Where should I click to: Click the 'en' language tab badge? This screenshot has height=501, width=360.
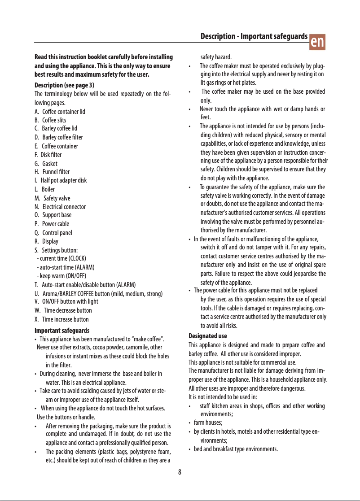[318, 41]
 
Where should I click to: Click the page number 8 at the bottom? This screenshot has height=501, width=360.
[180, 471]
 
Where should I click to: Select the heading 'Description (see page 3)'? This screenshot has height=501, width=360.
[64, 85]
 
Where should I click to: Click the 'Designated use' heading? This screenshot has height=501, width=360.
[207, 335]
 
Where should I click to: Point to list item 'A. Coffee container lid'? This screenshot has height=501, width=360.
[60, 112]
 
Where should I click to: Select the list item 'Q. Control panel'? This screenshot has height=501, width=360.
[53, 233]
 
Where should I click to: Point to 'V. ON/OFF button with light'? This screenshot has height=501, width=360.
[66, 301]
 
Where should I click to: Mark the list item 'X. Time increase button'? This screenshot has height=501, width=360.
[61, 319]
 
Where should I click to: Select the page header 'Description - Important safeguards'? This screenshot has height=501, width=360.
[254, 36]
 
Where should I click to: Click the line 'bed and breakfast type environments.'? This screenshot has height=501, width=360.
[236, 449]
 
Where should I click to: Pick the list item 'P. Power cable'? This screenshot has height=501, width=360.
[52, 224]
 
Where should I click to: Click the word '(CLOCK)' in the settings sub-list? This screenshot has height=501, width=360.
[77, 258]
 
